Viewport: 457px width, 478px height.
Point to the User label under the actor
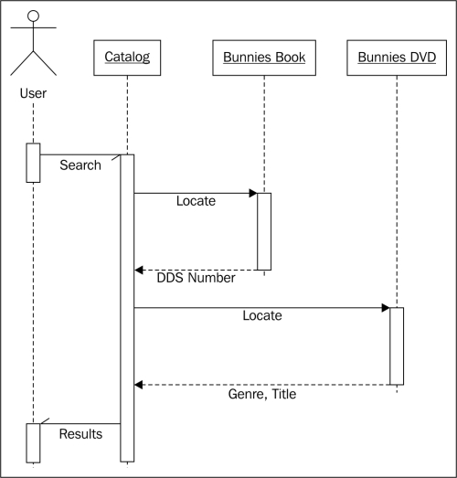[33, 93]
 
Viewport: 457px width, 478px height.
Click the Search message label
[80, 165]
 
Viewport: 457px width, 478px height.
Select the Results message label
[80, 434]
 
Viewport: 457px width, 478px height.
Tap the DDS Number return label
[196, 278]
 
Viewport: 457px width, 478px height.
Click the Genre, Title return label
[262, 394]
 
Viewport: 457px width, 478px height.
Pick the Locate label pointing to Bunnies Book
[196, 201]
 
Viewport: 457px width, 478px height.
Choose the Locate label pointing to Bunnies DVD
[262, 315]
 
